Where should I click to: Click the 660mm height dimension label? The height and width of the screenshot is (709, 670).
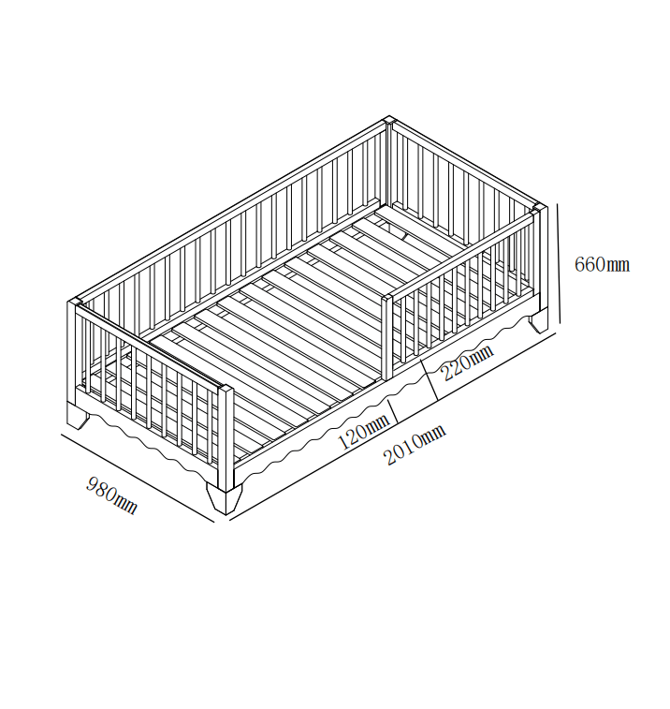(602, 264)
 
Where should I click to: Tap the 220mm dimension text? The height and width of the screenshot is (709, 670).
(468, 362)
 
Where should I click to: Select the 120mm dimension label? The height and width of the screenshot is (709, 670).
(364, 432)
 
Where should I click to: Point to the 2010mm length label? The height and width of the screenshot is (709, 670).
(415, 446)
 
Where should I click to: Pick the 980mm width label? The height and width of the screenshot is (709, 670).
(111, 495)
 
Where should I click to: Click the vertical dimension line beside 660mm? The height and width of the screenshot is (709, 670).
(559, 263)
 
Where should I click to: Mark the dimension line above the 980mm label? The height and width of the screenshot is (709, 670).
(138, 478)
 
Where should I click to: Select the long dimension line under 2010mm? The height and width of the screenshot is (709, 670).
(393, 426)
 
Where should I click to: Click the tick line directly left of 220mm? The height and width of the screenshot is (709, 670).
(430, 380)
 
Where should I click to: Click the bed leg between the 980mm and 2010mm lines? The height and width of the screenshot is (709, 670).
(225, 498)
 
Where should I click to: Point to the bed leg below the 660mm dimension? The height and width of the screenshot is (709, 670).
(539, 323)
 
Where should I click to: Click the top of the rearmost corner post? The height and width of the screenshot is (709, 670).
(388, 120)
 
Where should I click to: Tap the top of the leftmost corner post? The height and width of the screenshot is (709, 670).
(73, 303)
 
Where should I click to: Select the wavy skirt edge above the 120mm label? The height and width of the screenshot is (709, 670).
(316, 434)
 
